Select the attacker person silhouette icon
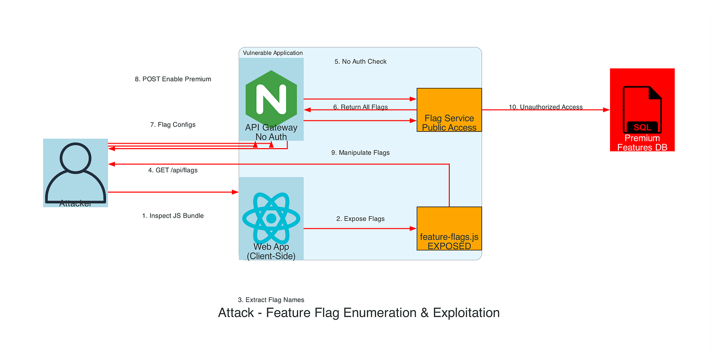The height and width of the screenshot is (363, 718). [75, 171]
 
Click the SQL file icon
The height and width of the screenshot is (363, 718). [642, 110]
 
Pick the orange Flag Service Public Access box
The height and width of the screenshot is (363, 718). [449, 110]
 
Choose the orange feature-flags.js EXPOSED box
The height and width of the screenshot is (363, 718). [449, 228]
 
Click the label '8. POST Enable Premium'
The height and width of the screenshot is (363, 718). [173, 79]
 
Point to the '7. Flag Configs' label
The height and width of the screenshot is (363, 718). [173, 124]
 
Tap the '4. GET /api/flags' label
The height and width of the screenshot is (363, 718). [173, 170]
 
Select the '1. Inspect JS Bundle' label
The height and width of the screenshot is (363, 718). [173, 216]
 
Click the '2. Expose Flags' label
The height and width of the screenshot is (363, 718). [360, 219]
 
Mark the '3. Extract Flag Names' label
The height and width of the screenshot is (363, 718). [271, 300]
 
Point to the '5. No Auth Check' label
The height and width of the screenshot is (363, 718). [360, 62]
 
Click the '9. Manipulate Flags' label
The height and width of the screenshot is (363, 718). [360, 153]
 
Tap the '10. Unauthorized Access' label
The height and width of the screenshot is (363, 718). [545, 107]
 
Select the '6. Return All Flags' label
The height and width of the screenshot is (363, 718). [360, 107]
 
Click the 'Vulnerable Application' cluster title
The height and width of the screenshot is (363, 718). [273, 53]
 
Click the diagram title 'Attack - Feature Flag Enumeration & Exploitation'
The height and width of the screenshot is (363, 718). [359, 313]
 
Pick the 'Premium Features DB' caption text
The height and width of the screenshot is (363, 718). [642, 143]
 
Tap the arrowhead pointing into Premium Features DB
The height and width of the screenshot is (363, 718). [607, 110]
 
